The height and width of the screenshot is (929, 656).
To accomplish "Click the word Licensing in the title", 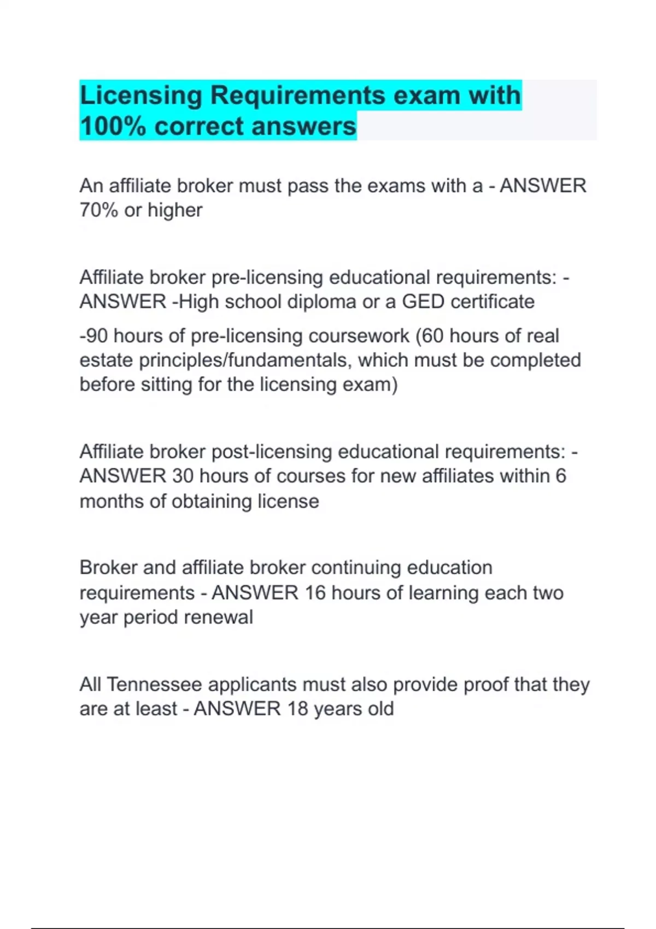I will tap(140, 96).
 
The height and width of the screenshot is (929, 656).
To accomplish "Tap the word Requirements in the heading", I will tap(298, 96).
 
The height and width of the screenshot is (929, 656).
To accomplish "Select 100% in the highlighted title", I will tap(113, 126).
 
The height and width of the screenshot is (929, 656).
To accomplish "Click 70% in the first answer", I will tap(98, 210).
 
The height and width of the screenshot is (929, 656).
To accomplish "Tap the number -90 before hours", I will tap(93, 336).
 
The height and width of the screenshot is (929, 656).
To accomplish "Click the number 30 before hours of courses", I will tap(183, 476).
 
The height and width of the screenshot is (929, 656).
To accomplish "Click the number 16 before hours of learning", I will tap(315, 593).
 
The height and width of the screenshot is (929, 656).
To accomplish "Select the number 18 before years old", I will tap(298, 709).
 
